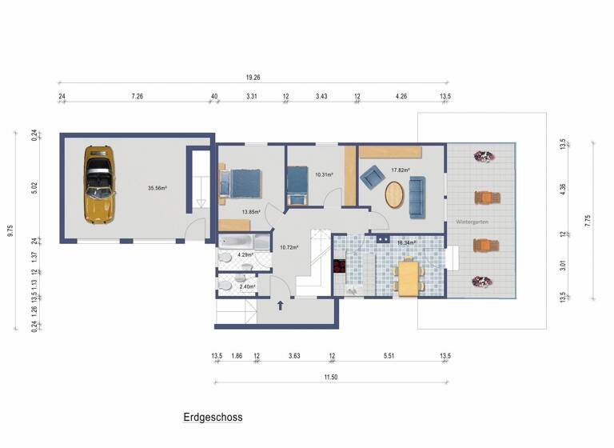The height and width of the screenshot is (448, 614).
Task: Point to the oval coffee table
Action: pos(395,195)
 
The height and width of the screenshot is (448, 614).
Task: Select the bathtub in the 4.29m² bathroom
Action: pos(236,241)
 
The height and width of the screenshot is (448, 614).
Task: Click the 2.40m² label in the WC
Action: pos(246,286)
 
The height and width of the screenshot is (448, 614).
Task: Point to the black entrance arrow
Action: pos(280,305)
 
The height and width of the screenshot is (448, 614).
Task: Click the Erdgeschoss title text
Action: pos(213,417)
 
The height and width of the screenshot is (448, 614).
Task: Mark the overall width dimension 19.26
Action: pos(253,78)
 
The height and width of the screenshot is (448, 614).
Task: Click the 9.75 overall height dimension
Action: pos(10,230)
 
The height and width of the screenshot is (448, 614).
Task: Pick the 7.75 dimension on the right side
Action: pos(588,221)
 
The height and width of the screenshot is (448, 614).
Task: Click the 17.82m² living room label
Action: pos(400,170)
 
